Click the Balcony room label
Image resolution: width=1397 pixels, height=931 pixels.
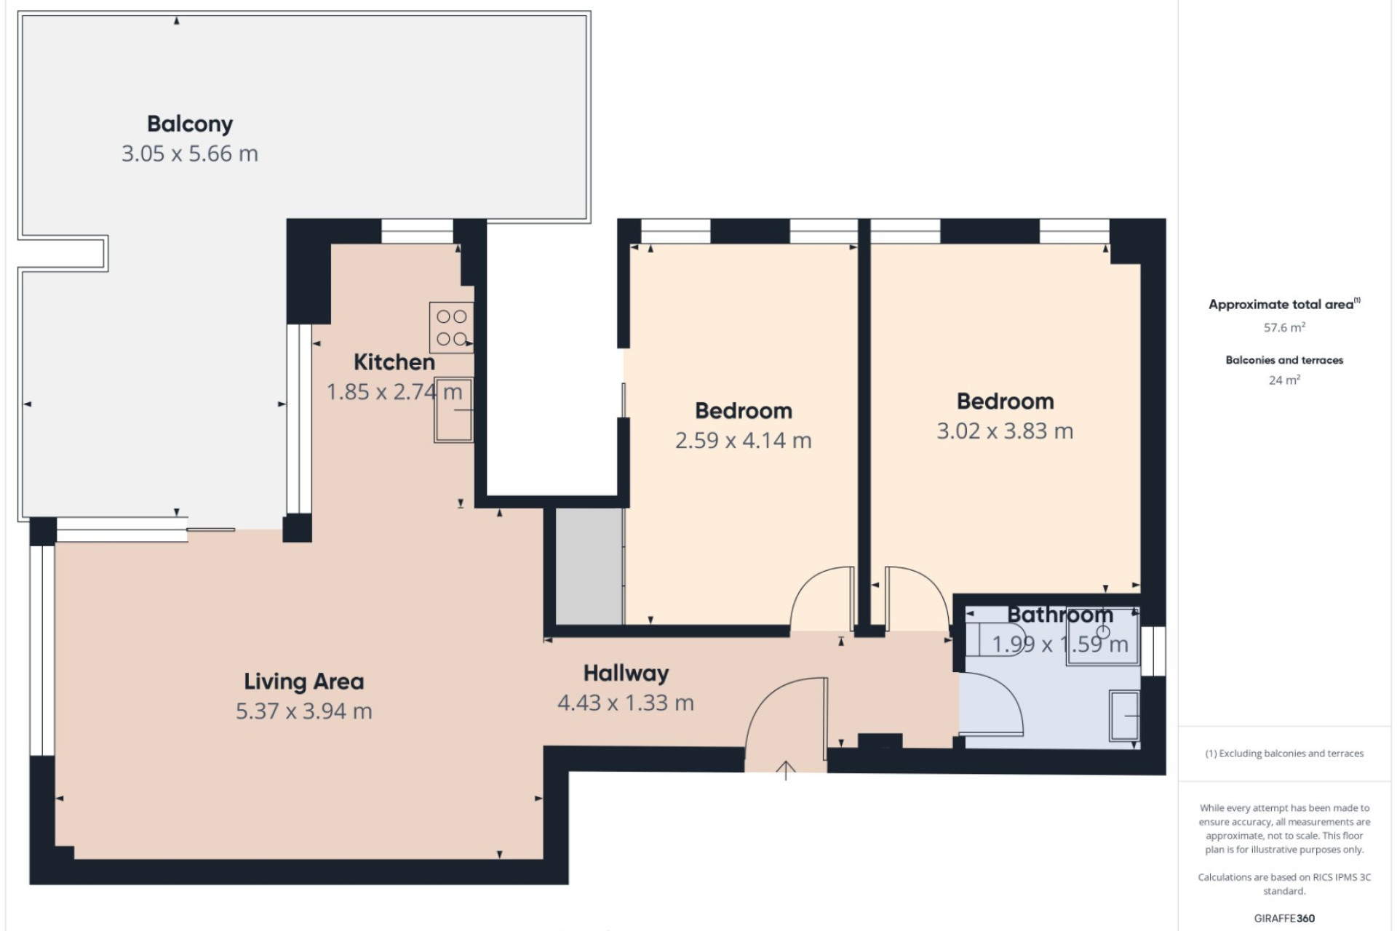(x=190, y=124)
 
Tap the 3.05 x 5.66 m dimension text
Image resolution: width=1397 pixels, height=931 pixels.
(x=190, y=154)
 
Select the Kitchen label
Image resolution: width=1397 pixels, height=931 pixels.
(x=394, y=362)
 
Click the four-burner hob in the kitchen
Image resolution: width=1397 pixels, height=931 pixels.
(x=452, y=327)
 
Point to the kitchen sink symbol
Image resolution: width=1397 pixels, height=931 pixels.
(x=453, y=410)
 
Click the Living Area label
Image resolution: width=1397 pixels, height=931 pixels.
(x=304, y=682)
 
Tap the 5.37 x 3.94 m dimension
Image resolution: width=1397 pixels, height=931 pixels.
(x=304, y=711)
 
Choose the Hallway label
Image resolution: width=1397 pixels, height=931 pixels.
(x=626, y=674)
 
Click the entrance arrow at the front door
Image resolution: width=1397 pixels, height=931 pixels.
(x=786, y=770)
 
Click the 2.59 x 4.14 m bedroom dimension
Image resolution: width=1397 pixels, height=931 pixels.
(x=744, y=441)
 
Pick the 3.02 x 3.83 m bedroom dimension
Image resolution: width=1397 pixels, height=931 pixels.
(x=1005, y=431)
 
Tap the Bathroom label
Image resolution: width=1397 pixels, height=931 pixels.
(x=1060, y=615)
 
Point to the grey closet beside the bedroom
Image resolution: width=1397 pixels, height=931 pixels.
(x=589, y=566)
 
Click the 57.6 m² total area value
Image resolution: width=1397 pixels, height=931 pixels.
(x=1284, y=328)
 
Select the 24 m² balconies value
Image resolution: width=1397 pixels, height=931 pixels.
(x=1284, y=380)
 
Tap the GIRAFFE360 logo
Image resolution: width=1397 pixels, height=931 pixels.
(x=1284, y=919)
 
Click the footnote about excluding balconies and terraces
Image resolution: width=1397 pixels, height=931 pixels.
(x=1284, y=754)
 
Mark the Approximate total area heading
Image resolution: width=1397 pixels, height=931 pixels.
(x=1284, y=305)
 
